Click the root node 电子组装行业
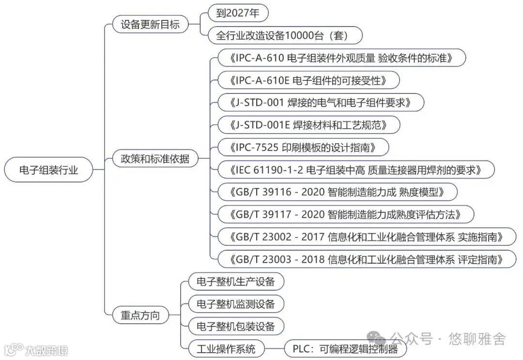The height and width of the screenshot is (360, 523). [x=48, y=170]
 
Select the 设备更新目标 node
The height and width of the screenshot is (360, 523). [x=150, y=24]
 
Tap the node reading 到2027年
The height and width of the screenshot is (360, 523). [x=238, y=13]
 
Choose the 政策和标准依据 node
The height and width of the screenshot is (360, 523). [x=155, y=158]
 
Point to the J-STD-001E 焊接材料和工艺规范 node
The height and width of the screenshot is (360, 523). [x=309, y=125]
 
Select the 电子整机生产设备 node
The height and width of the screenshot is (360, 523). [x=235, y=282]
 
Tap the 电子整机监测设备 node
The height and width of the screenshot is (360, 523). [x=235, y=304]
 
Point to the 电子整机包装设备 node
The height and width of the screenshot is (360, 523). [x=235, y=326]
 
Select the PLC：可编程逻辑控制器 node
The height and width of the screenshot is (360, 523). [x=345, y=349]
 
